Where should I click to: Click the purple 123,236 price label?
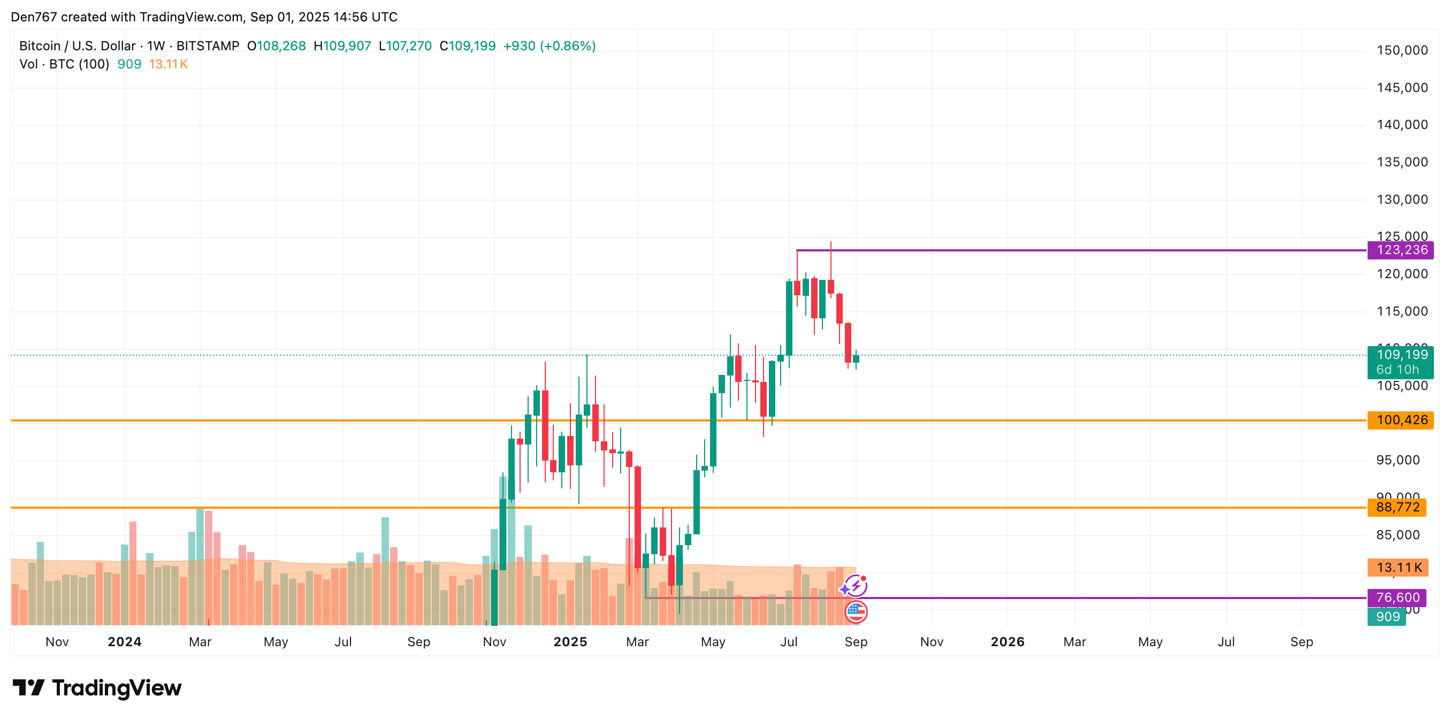point(1400,250)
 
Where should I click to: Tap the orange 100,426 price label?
point(1400,420)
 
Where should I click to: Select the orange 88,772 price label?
point(1396,507)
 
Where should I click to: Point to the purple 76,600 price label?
point(1396,598)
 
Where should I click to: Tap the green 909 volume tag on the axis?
point(1387,616)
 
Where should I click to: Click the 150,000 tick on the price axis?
point(1402,51)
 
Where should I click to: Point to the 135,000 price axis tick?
point(1402,162)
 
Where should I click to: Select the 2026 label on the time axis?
point(1007,642)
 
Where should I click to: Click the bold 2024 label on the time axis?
point(124,642)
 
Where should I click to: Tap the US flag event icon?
point(856,611)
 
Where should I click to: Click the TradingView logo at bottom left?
point(97,688)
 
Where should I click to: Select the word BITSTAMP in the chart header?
point(208,46)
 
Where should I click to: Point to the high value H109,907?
point(342,46)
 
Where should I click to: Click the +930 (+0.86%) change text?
point(549,46)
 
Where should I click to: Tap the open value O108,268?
point(277,46)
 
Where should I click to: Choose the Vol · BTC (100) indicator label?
point(64,64)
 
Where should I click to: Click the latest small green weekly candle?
point(856,358)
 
